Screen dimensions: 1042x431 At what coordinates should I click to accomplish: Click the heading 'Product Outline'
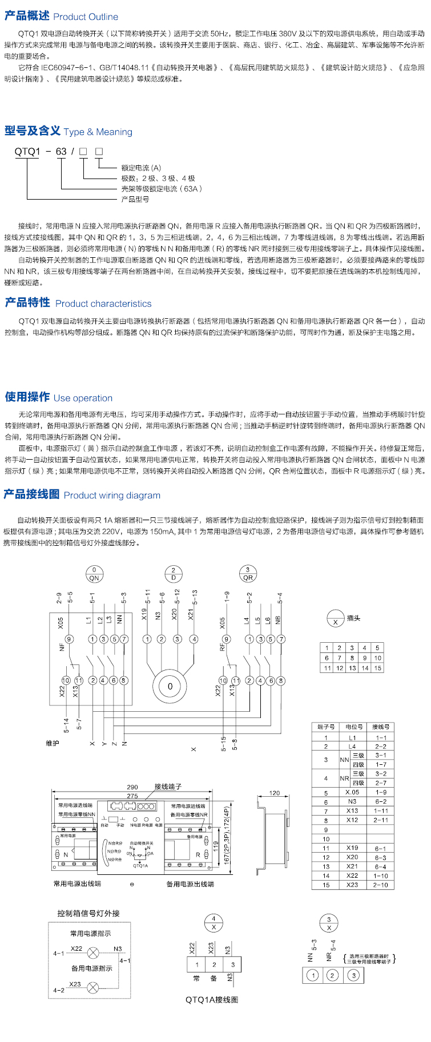[x=86, y=17]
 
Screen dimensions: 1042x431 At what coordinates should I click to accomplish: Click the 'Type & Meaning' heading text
[x=98, y=132]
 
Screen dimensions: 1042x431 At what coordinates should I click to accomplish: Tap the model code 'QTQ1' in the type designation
[x=27, y=151]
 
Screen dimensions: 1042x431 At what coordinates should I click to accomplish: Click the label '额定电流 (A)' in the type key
[x=141, y=168]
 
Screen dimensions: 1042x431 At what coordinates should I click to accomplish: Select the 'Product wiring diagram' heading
[x=112, y=495]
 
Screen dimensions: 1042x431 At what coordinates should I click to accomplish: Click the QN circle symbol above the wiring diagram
[x=94, y=574]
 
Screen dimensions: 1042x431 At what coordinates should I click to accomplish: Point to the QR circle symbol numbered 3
[x=248, y=574]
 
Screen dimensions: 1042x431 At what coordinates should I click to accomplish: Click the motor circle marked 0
[x=170, y=686]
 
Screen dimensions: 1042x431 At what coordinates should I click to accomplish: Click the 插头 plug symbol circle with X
[x=335, y=618]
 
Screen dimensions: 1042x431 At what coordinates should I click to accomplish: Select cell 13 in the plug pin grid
[x=352, y=668]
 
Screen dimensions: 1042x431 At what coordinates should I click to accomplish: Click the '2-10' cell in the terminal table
[x=381, y=885]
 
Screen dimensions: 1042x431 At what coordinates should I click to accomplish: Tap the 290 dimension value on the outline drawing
[x=132, y=787]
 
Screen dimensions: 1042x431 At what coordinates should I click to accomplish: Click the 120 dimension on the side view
[x=275, y=793]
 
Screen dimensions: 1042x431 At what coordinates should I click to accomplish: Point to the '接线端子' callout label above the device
[x=168, y=786]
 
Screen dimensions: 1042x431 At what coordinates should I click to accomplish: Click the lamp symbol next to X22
[x=92, y=952]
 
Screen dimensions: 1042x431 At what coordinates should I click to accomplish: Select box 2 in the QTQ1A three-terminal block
[x=214, y=964]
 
